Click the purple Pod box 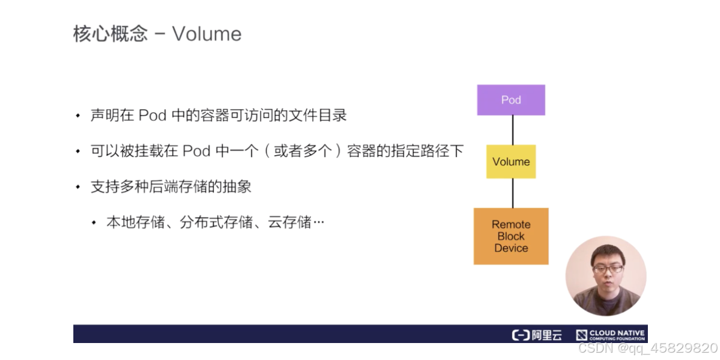coord(511,100)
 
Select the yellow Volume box coord(511,162)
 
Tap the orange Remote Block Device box coord(511,236)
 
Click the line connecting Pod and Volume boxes coord(513,130)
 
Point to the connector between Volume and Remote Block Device coord(513,193)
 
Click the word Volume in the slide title coord(207,34)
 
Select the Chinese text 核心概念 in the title coord(110,34)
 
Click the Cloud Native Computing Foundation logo coord(610,335)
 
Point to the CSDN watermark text coord(647,348)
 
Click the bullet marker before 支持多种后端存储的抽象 coord(78,187)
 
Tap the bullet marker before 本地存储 coord(93,223)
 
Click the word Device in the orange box coord(511,248)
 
